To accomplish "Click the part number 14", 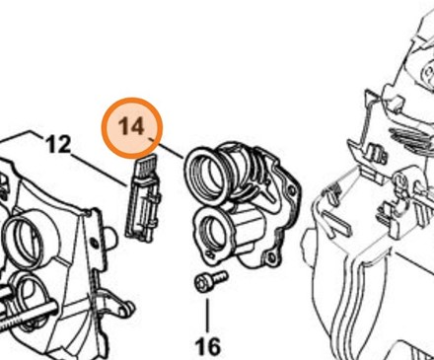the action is (x=131, y=125).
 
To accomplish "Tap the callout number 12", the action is (x=58, y=145).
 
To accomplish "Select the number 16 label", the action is (x=208, y=346).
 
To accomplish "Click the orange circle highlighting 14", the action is (x=132, y=127).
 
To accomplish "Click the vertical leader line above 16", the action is (x=207, y=316).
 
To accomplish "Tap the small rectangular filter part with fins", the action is (x=142, y=198).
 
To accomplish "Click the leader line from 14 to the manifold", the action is (x=167, y=149).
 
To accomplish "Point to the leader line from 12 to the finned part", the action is (x=99, y=171).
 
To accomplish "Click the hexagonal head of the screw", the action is (x=201, y=283).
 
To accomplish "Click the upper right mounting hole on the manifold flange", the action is (x=291, y=190).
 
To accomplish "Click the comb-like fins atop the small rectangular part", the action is (x=145, y=169).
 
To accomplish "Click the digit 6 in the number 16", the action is (x=213, y=346).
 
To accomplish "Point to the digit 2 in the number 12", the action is (x=64, y=145).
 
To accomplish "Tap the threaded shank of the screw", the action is (x=218, y=277).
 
